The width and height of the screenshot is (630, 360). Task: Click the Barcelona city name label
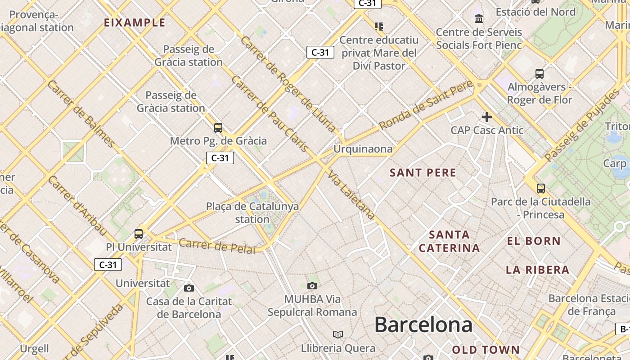tap(423, 325)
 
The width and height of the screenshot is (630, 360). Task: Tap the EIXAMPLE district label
tap(135, 22)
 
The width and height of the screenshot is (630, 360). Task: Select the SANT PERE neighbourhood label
tap(423, 173)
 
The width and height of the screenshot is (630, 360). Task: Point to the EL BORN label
tap(534, 241)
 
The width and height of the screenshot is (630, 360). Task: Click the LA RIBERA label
tap(537, 270)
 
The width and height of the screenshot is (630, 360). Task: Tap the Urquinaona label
tap(363, 149)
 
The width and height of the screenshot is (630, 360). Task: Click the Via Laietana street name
tap(351, 195)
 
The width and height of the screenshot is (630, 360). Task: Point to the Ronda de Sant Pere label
tap(426, 105)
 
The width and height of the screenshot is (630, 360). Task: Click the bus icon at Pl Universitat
tap(139, 234)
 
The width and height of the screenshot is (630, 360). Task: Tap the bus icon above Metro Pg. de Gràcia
tap(218, 128)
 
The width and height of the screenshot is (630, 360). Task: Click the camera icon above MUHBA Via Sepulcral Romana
tap(312, 286)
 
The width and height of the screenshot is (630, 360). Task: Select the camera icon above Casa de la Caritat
tap(189, 288)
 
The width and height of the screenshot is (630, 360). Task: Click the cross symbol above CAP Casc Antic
tap(486, 117)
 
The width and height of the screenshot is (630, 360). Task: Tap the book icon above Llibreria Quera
tap(337, 334)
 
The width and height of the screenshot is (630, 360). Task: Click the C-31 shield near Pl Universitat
tap(108, 265)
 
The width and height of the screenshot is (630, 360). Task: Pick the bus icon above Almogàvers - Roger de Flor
tap(539, 74)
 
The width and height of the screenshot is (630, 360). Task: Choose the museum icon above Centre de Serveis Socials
tap(479, 19)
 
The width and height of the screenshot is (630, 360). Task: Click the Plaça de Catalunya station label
tap(252, 213)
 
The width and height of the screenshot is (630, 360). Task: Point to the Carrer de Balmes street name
tap(81, 113)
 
